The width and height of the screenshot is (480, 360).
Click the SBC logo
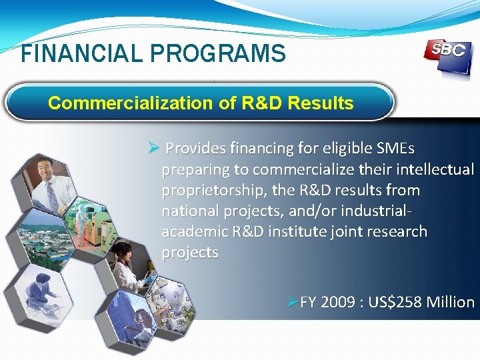pyautogui.click(x=446, y=55)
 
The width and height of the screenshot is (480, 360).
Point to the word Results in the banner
pyautogui.click(x=327, y=103)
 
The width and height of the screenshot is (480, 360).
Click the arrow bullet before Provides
pyautogui.click(x=152, y=147)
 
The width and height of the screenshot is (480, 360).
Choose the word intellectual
pyautogui.click(x=434, y=169)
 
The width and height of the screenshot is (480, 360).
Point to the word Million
pyautogui.click(x=451, y=302)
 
